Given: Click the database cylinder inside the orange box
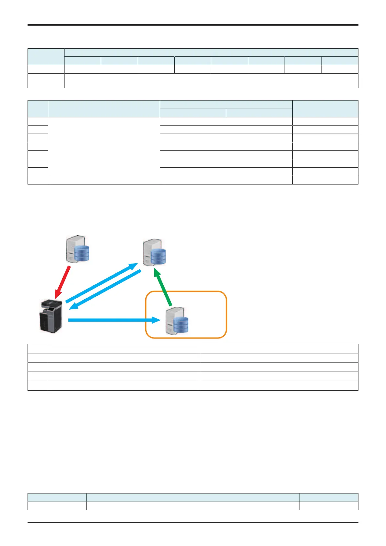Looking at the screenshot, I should [181, 325].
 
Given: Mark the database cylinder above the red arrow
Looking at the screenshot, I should [82, 253].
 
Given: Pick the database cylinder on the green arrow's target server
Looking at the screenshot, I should [158, 256].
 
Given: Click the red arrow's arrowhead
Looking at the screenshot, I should [58, 294].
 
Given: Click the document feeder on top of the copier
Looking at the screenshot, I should [52, 303].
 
